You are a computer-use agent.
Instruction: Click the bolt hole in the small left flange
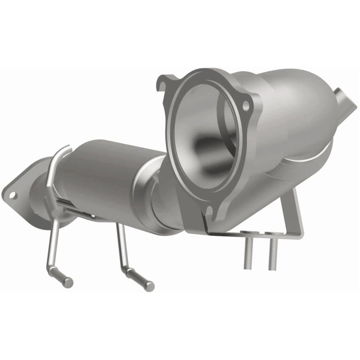tap(13, 195)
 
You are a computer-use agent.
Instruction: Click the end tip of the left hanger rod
tap(68, 282)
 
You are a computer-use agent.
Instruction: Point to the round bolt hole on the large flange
tap(246, 105)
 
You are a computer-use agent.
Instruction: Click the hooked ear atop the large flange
tap(163, 82)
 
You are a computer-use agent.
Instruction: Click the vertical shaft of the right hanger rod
tap(121, 245)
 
